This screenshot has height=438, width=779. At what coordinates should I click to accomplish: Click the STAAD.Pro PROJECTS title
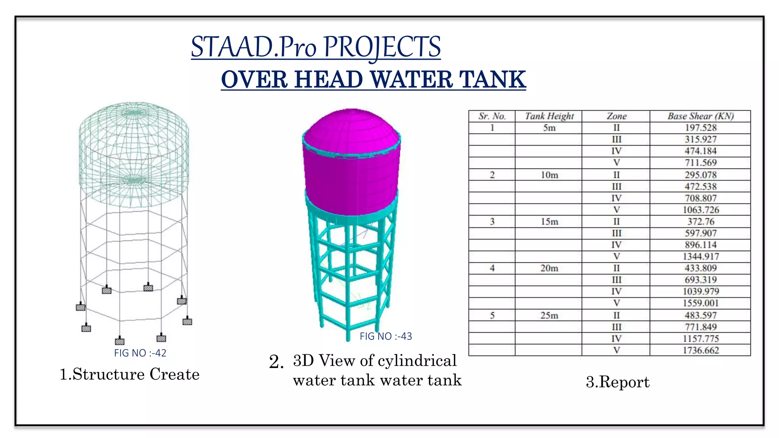click(316, 47)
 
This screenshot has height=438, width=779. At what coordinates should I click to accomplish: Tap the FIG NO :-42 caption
click(140, 353)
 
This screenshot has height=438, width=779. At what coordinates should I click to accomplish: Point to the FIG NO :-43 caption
click(386, 336)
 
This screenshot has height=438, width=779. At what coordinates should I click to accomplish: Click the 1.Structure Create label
click(129, 374)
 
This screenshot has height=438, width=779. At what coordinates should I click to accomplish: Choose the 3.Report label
click(617, 382)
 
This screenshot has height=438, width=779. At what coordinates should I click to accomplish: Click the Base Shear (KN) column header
click(700, 116)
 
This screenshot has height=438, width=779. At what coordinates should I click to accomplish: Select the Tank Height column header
click(549, 116)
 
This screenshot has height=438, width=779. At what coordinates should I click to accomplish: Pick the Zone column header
click(616, 116)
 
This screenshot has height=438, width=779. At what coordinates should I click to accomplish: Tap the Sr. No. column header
click(492, 116)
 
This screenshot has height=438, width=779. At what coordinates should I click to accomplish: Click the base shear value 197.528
click(700, 128)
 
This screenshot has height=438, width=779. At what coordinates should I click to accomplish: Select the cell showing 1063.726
click(701, 210)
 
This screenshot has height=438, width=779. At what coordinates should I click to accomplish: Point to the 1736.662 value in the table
click(701, 350)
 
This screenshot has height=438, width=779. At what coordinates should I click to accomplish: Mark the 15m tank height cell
click(549, 222)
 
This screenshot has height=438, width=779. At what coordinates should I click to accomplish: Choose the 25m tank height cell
click(549, 316)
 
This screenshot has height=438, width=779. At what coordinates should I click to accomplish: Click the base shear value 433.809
click(701, 268)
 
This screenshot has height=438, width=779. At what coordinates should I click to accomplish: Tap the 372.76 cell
click(701, 222)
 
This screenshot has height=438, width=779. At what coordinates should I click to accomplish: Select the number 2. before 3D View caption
click(276, 362)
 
